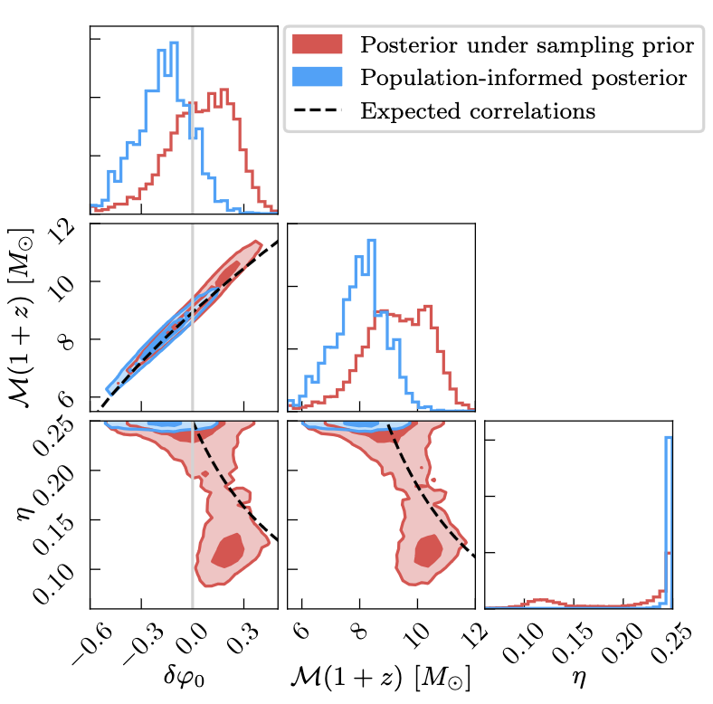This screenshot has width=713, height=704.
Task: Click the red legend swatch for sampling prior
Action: click(316, 43)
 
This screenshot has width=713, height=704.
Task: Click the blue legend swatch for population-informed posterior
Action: click(316, 78)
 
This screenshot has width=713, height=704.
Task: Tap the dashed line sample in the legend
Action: click(316, 112)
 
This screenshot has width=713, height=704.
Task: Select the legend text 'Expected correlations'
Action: click(478, 112)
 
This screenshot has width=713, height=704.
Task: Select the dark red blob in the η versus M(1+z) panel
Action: click(427, 549)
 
